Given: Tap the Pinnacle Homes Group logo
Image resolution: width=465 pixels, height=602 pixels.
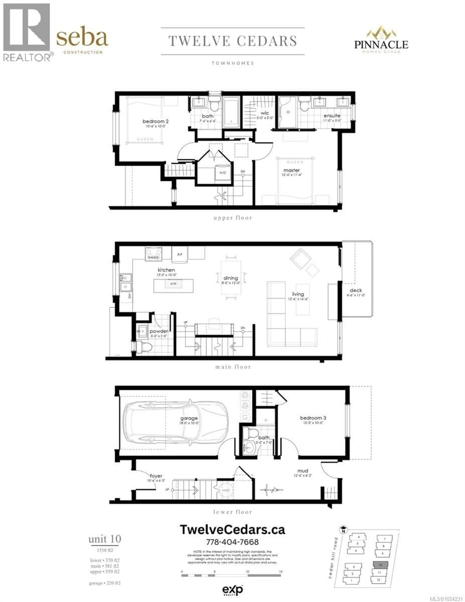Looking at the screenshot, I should point(381,40).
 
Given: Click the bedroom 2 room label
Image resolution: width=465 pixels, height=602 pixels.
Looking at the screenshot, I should point(155,121).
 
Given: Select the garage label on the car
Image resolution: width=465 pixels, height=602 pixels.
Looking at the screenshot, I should point(189,418).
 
